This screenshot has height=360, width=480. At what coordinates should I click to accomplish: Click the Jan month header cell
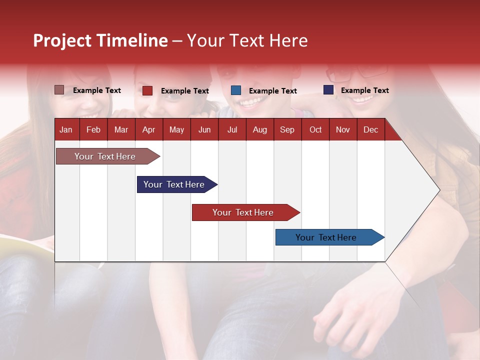point(66,129)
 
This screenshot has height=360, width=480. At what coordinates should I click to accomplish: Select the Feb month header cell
point(93,129)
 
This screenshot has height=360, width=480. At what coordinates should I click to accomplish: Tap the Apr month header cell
point(148,129)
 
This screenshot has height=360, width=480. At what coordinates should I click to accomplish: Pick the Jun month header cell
point(204,129)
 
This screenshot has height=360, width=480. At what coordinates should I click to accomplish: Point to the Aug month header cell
point(259,129)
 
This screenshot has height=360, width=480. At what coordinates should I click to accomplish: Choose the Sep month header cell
point(287,129)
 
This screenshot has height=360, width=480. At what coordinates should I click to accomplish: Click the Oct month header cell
point(315,129)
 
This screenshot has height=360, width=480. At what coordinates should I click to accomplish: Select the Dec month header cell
point(370,129)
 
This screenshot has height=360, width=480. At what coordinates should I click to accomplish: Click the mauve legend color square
point(59,90)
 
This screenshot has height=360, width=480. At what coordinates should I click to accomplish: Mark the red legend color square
point(147,90)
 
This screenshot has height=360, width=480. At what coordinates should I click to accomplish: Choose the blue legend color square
point(236,90)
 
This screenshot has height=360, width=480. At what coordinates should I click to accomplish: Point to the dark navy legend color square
point(328,90)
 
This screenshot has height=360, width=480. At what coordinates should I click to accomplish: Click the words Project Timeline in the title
point(100,40)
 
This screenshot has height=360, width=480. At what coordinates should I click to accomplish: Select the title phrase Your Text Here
point(247,40)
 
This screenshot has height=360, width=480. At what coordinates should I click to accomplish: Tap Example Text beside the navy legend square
point(364,90)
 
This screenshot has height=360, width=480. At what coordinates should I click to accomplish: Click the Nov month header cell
point(343,129)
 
